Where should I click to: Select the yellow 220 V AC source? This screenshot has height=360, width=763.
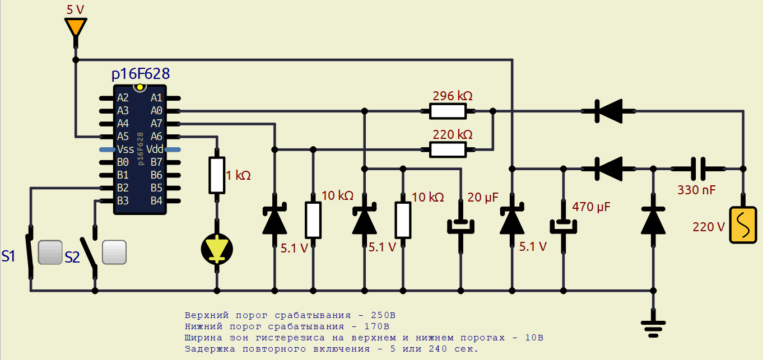click(x=743, y=226)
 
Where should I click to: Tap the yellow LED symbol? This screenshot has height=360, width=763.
click(x=217, y=248)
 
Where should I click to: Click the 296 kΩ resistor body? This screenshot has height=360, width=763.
click(x=448, y=111)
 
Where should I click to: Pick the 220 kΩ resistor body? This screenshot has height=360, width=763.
click(x=448, y=149)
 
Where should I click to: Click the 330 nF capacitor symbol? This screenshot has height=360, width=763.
click(x=697, y=169)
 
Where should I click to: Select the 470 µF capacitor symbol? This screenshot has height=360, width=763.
click(x=564, y=225)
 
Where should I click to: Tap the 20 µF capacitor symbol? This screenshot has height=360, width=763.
click(x=460, y=225)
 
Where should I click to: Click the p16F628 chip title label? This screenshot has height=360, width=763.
click(x=141, y=74)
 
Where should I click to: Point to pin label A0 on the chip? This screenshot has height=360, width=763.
click(x=156, y=111)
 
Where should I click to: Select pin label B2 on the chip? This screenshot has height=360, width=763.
click(x=123, y=188)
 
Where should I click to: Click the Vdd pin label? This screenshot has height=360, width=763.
click(x=155, y=149)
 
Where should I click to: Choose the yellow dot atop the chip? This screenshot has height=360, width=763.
click(x=139, y=87)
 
